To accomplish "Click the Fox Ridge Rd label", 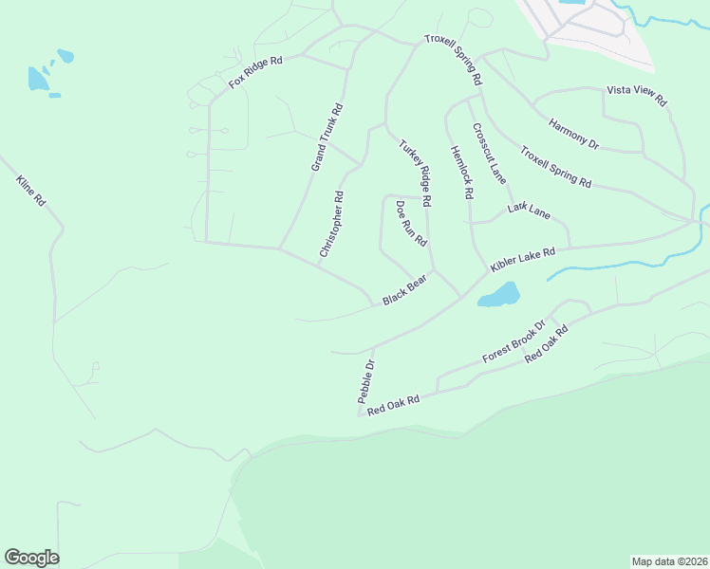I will pyautogui.click(x=256, y=73).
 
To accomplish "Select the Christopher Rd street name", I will pyautogui.click(x=331, y=225).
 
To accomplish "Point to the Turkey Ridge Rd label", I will pyautogui.click(x=415, y=174).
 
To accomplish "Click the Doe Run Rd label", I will pyautogui.click(x=411, y=224).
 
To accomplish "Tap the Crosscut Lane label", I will pyautogui.click(x=489, y=153).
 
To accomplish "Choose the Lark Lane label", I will pyautogui.click(x=529, y=210).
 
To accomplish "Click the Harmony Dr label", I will pyautogui.click(x=574, y=132).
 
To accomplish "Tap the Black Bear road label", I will pyautogui.click(x=404, y=292).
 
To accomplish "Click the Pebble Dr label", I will pyautogui.click(x=366, y=381).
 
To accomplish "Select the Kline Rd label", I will pyautogui.click(x=31, y=192).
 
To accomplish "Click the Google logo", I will pyautogui.click(x=31, y=558).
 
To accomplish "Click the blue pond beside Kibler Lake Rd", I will pyautogui.click(x=499, y=295).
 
